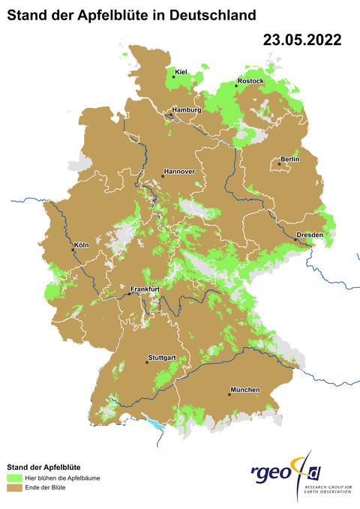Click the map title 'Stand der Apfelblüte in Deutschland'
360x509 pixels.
(x=126, y=14)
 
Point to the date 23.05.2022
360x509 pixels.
(x=301, y=40)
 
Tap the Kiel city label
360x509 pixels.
(x=180, y=72)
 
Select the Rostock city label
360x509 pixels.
(x=250, y=80)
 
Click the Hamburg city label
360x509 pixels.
(x=187, y=110)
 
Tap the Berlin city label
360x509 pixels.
(x=289, y=160)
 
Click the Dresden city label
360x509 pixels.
(x=310, y=235)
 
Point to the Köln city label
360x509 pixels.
(x=81, y=245)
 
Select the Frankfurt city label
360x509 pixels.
(x=146, y=289)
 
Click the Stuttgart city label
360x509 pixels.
(x=163, y=358)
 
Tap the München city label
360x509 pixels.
(x=245, y=390)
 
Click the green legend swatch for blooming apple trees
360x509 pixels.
(x=13, y=478)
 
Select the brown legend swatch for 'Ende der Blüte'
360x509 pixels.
(x=13, y=488)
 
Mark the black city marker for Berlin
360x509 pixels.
(x=279, y=163)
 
